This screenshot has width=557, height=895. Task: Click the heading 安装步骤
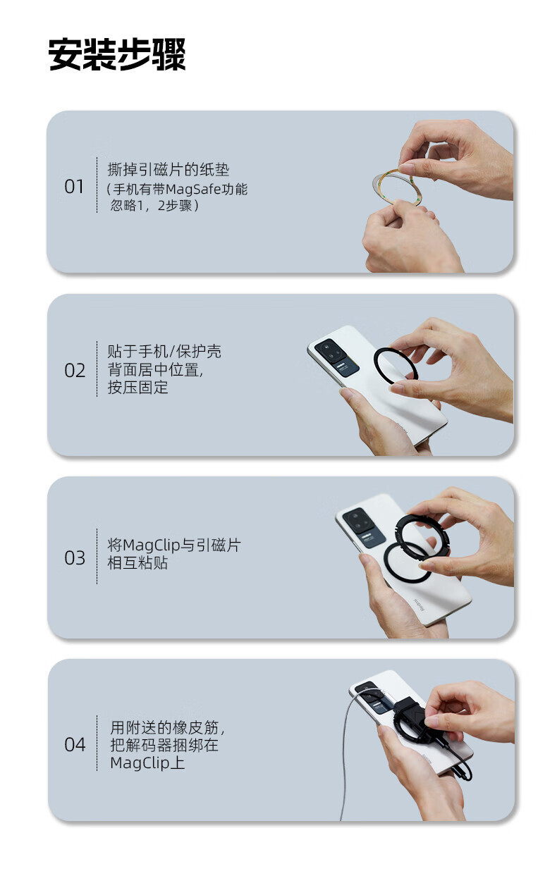[x=117, y=55]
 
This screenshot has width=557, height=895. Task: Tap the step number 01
[x=74, y=187]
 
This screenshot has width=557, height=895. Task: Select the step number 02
[x=75, y=371]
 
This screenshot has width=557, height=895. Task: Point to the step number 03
[x=75, y=557]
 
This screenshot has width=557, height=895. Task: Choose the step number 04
[x=75, y=745]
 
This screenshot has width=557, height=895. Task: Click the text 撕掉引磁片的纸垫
[x=169, y=170]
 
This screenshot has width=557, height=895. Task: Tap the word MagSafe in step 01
[x=193, y=189]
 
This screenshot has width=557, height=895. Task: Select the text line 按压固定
[x=137, y=388]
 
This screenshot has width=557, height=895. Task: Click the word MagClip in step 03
[x=151, y=545]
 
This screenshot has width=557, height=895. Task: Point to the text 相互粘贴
[x=137, y=563]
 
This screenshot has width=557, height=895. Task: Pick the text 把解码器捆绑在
[x=164, y=745]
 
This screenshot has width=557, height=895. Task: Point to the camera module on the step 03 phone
[x=364, y=526]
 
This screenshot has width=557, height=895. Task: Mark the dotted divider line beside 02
[x=97, y=369]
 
